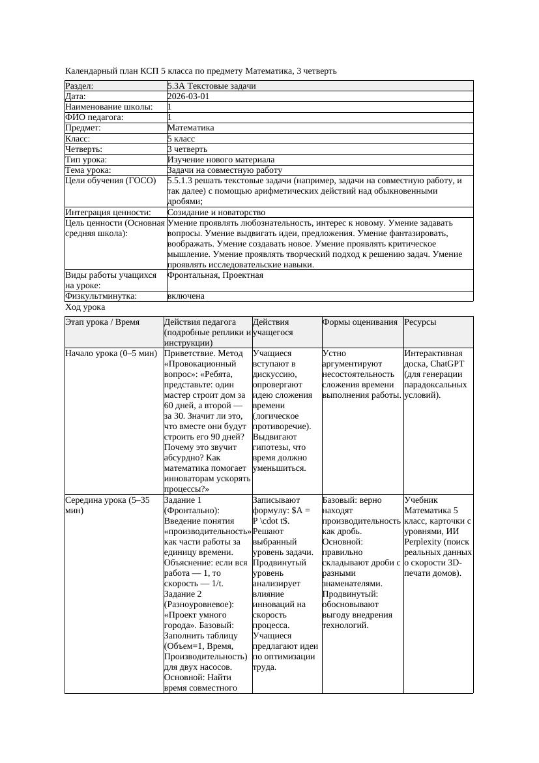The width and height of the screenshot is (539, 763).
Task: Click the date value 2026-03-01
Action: point(188,96)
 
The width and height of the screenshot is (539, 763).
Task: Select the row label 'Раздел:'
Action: point(80,85)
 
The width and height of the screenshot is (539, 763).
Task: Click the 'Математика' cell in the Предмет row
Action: point(190,128)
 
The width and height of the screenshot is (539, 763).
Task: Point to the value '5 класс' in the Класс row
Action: point(181,138)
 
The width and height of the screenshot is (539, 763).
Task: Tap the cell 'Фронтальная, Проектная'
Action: point(215,275)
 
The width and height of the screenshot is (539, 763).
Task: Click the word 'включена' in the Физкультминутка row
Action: point(186,296)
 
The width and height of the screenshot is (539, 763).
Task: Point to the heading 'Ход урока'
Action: point(85,307)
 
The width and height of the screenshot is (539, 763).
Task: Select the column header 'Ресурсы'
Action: point(420,322)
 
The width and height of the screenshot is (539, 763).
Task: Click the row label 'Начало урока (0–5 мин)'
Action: point(111,353)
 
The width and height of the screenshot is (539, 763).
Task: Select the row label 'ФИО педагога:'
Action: point(95,117)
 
